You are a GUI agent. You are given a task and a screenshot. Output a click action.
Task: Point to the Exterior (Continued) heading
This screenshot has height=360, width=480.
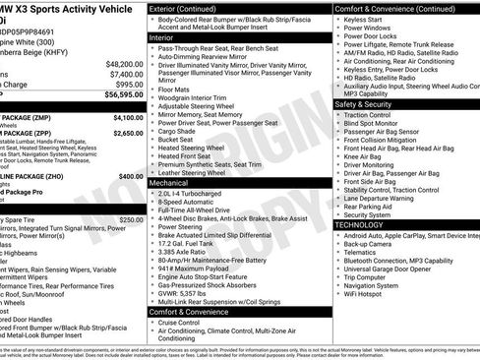[x=190, y=8]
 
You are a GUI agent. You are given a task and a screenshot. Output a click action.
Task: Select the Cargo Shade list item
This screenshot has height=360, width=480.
[x=181, y=131]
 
